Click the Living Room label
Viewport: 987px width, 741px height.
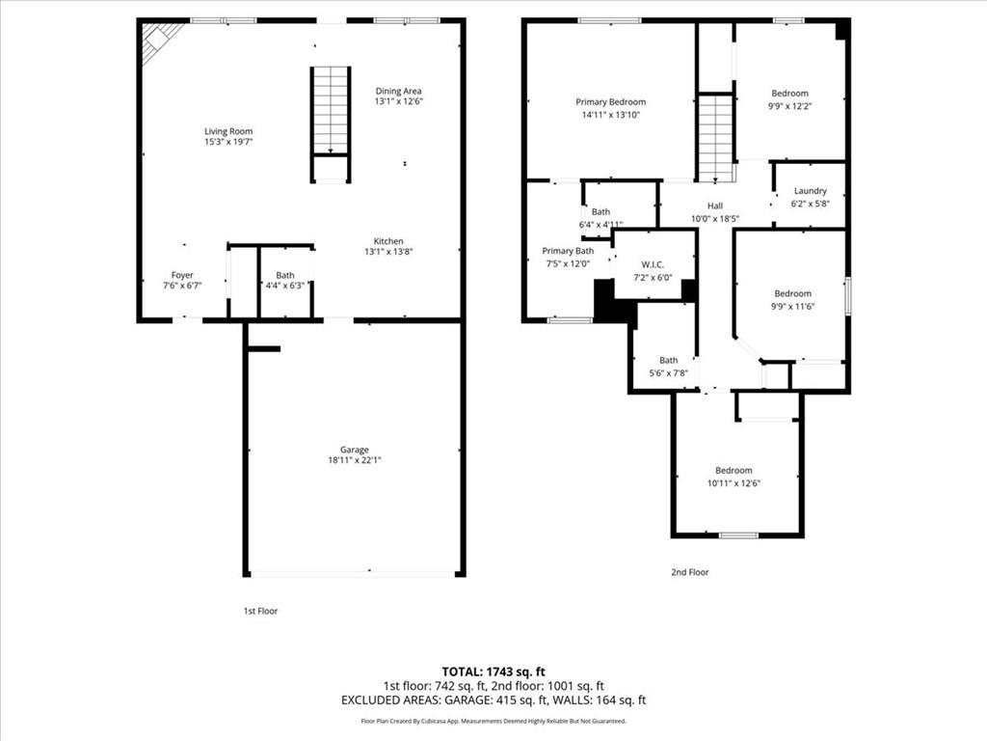coord(228,131)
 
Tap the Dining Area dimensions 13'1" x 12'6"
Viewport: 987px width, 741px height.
coord(398,101)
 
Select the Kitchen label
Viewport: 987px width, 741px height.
coord(388,241)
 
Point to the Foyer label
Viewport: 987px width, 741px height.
coord(182,275)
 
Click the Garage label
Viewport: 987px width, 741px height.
coord(354,450)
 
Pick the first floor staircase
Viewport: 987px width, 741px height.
coord(331,110)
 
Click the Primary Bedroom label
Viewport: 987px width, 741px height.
coord(610,102)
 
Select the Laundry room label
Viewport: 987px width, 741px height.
coord(810,191)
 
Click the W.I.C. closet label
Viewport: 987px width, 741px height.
coord(655,265)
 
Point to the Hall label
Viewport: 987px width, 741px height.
coord(714,206)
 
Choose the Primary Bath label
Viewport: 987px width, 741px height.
coord(568,251)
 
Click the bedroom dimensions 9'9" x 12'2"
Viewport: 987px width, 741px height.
coord(789,106)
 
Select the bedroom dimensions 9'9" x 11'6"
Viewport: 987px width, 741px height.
coord(792,306)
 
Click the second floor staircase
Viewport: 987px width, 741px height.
coord(716,137)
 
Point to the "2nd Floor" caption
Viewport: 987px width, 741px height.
coord(689,572)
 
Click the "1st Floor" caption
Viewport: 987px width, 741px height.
coord(260,611)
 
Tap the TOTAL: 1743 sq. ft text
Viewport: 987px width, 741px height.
coord(493,671)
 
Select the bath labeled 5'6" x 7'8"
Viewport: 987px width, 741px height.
coord(668,367)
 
